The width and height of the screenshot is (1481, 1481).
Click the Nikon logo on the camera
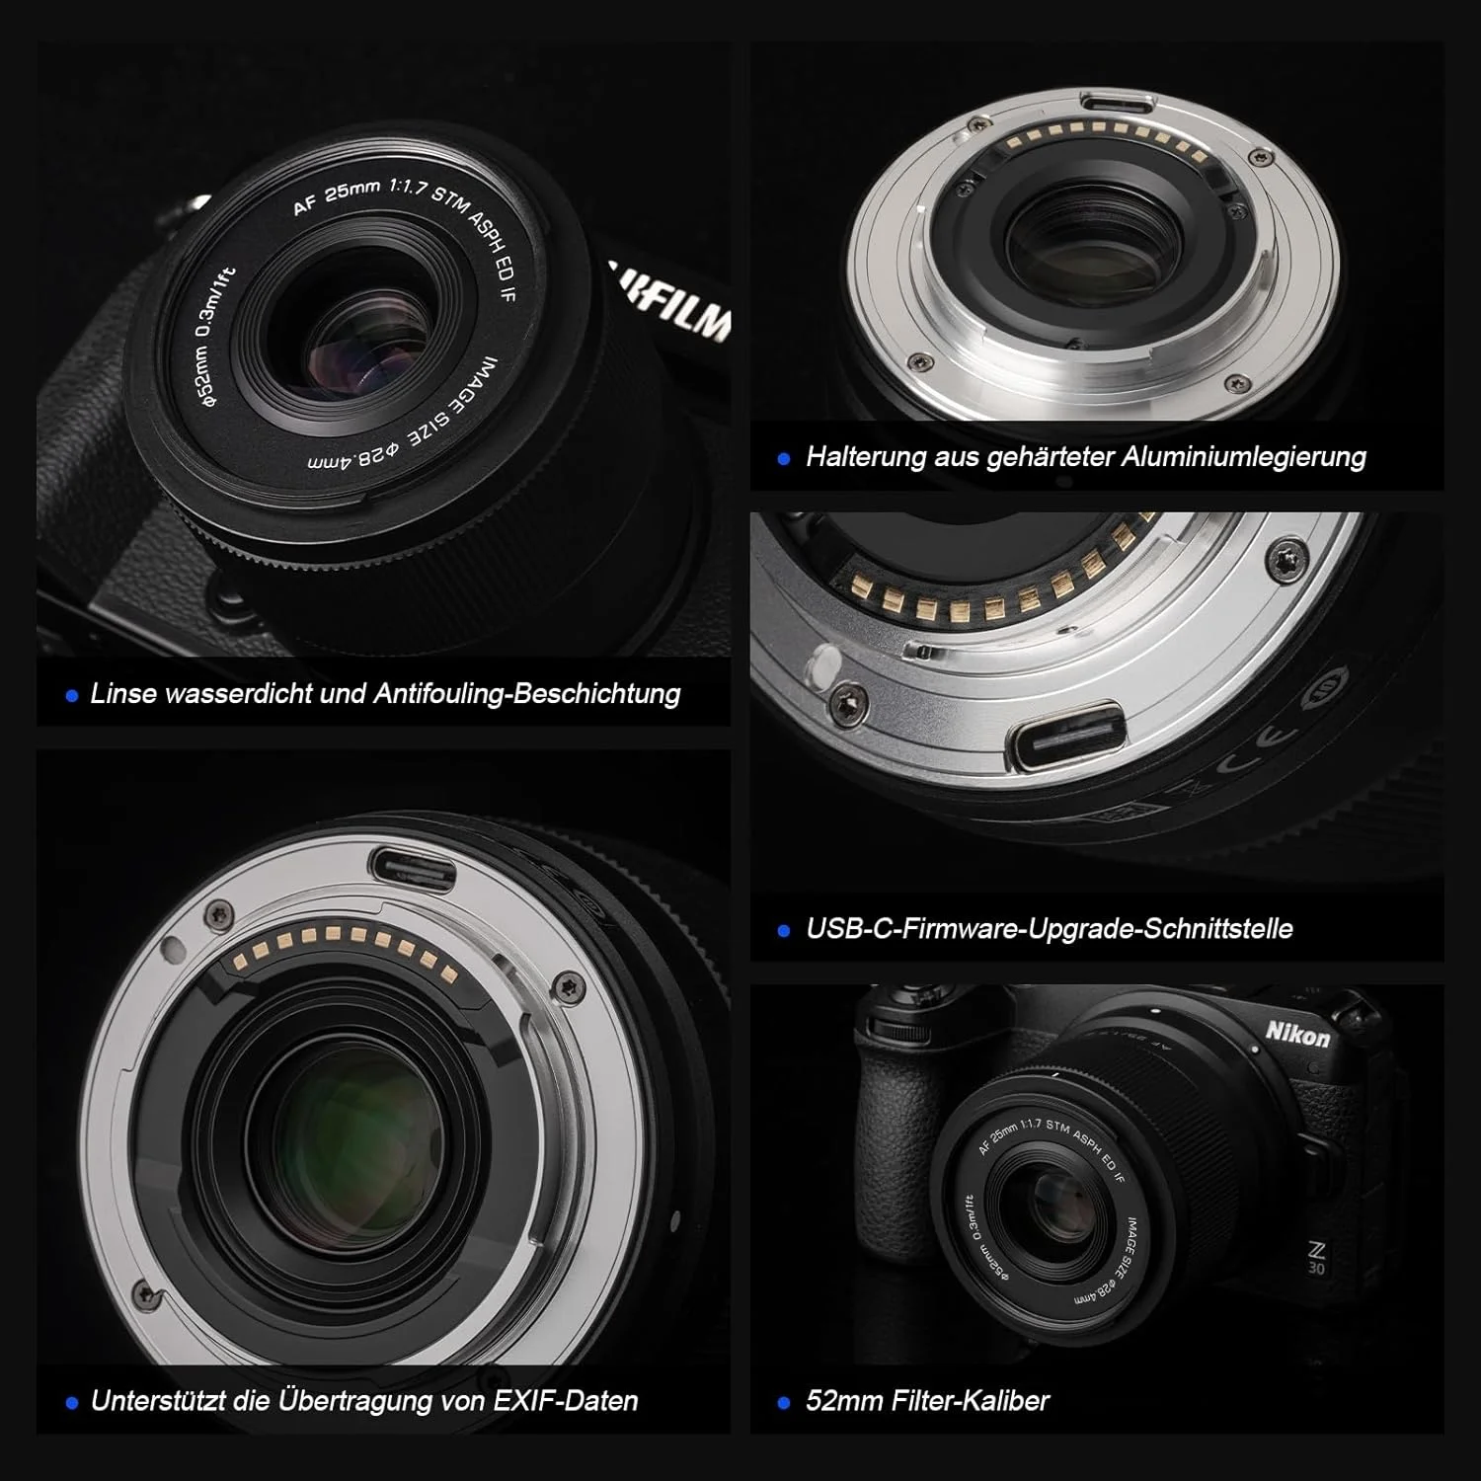coord(1297,1035)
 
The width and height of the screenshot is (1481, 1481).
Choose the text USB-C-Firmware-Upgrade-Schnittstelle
coord(1050,929)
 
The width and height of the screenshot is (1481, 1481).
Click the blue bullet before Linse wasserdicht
coord(71,696)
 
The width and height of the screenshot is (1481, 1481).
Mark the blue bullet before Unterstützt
coord(71,1403)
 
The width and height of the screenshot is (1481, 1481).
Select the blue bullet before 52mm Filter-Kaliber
coord(784,1403)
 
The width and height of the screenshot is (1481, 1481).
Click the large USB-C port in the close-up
coord(1064,736)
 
